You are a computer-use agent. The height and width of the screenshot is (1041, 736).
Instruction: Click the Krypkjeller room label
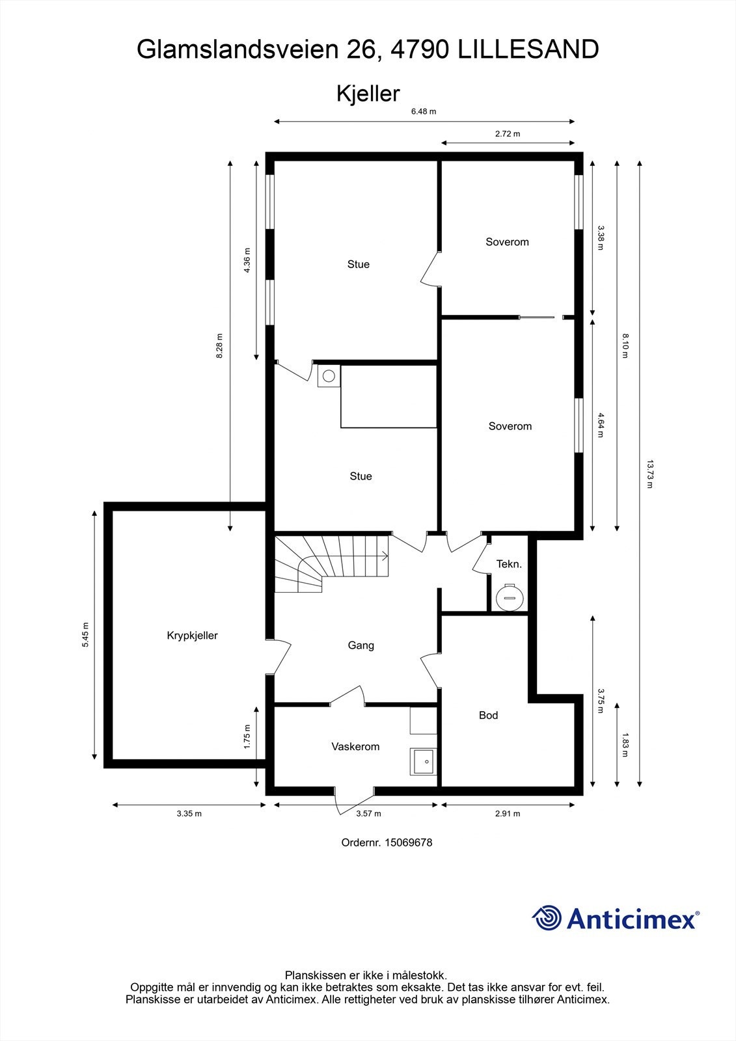[x=192, y=636]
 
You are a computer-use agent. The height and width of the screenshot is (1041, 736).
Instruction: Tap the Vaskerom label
[x=355, y=746]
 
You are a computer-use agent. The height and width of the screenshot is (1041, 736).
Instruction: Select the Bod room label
[x=488, y=715]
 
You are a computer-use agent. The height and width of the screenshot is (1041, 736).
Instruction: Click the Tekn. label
[x=509, y=564]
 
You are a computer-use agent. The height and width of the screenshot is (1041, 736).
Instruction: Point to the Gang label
[x=361, y=645]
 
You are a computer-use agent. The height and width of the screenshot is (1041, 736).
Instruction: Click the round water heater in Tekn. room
[x=509, y=596]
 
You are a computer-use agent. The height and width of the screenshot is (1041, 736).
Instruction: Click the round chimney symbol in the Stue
[x=329, y=375]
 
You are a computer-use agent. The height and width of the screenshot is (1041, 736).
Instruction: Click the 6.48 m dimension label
[x=424, y=111]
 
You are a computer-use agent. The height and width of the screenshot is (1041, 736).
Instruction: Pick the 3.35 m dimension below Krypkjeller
[x=189, y=813]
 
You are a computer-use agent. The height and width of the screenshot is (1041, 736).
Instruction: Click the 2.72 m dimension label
[x=508, y=134]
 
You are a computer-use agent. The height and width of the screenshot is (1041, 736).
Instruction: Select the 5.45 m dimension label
[x=85, y=634]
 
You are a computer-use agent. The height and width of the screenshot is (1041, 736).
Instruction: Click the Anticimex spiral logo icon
[x=547, y=919]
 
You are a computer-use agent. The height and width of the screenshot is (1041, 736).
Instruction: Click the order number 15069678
[x=408, y=843]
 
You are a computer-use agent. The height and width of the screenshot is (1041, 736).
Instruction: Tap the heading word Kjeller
[x=368, y=94]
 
